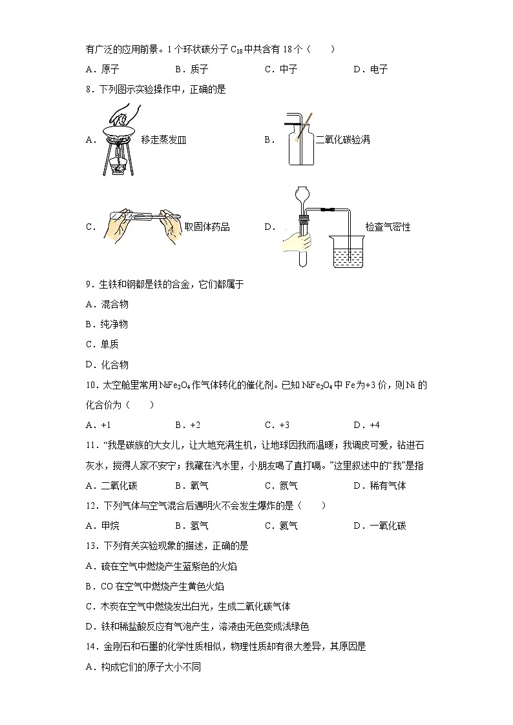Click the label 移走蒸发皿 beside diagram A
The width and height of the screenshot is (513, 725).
(x=163, y=139)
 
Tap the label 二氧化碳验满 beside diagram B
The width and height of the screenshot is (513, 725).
(x=342, y=139)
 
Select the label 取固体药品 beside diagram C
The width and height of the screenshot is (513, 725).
(x=207, y=227)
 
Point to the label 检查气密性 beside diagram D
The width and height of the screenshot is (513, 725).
(x=388, y=227)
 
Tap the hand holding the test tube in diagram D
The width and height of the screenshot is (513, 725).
(x=296, y=242)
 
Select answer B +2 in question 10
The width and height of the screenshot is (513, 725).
(x=187, y=425)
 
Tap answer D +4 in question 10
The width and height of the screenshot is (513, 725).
(x=366, y=425)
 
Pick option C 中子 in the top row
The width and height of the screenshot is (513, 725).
(x=281, y=69)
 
